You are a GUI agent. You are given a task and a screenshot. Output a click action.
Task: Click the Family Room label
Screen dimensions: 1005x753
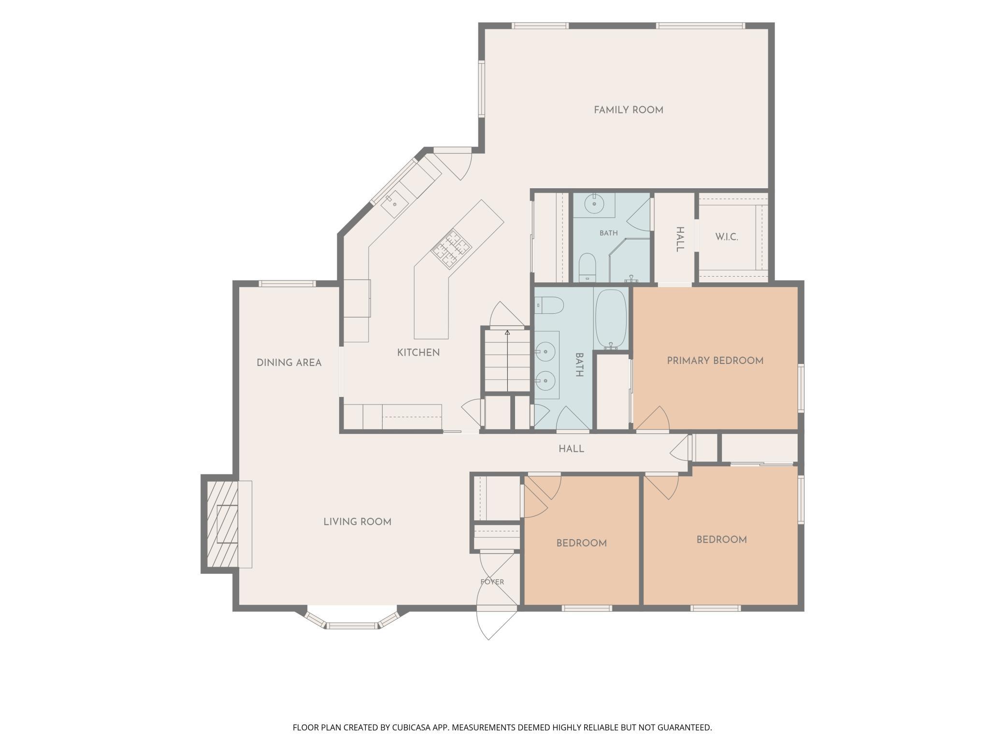628,110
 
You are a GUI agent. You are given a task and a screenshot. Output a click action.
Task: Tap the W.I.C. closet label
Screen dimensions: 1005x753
727,237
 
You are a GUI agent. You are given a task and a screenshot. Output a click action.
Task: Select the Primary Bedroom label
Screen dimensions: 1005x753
715,361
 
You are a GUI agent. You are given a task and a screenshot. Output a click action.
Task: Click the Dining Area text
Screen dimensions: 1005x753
289,363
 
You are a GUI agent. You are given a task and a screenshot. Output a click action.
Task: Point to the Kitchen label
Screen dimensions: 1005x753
418,353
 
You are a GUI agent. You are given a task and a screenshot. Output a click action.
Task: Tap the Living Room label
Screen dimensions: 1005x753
358,522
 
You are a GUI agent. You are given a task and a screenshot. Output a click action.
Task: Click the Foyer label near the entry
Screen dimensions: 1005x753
492,582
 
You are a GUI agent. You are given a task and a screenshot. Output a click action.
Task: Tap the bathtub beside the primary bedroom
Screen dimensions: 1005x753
611,319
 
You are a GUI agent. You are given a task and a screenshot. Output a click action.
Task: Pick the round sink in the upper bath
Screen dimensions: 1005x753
594,204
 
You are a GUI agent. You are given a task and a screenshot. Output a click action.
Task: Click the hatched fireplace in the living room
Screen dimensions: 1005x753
222,524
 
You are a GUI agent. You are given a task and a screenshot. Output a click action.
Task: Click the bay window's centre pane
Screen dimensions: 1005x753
352,626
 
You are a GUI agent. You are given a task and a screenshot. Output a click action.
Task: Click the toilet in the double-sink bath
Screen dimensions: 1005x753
550,305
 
